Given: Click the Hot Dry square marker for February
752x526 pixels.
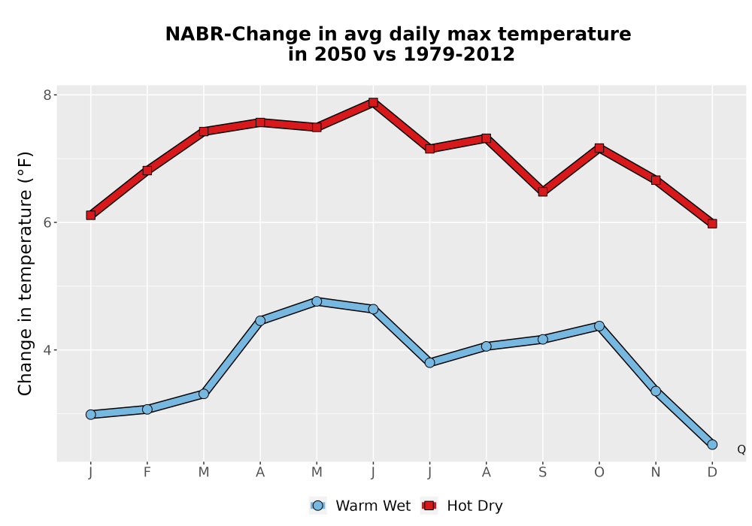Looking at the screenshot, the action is coord(147,171).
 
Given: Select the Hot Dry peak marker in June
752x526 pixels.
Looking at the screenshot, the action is coord(373,102).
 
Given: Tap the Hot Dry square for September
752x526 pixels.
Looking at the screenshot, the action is coord(542,192).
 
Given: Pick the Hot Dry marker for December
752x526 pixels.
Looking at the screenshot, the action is coord(712,224).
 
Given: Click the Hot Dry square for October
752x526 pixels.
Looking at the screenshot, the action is coord(599,148).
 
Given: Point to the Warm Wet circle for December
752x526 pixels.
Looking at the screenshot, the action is coord(712,445).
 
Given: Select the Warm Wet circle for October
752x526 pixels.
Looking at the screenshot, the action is coord(599,326).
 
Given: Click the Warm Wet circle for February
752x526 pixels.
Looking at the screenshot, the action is coord(147,409).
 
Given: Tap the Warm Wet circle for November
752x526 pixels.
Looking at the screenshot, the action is coord(656,391).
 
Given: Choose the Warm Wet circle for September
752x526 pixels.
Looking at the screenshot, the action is coord(542,339).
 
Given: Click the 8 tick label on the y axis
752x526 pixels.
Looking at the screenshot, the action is coord(47,95).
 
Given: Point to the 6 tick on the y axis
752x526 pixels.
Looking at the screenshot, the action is coord(47,222).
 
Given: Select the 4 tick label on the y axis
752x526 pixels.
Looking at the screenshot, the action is coord(47,349).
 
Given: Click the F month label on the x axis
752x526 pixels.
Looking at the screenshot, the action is coord(147,473).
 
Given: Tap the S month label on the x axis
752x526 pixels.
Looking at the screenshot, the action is coord(542,473).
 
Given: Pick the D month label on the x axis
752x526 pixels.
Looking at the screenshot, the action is coord(712,473).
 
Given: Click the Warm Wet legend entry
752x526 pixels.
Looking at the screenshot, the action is coord(360,506).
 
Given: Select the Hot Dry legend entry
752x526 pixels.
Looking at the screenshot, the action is coord(462,506).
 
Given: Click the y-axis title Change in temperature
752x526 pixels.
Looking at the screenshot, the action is coord(25,274).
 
